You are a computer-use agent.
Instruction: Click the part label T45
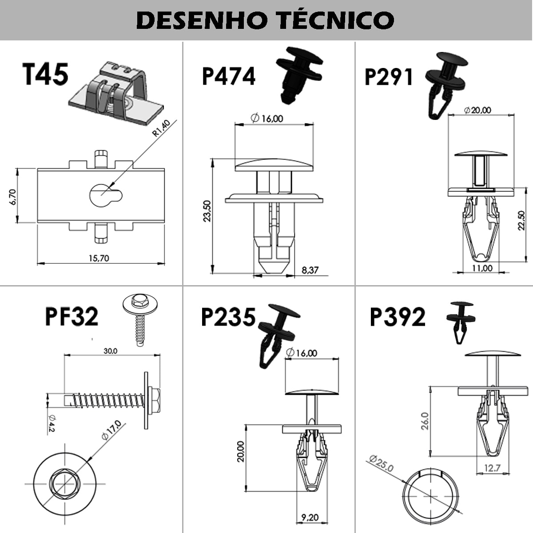(x=45, y=74)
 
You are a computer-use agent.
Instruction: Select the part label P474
(x=228, y=76)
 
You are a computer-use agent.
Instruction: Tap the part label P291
(x=389, y=76)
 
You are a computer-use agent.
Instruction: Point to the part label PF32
(x=72, y=317)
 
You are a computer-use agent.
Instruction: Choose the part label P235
(x=228, y=317)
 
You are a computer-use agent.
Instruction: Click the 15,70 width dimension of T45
(x=99, y=258)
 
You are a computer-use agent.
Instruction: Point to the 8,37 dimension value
(x=310, y=270)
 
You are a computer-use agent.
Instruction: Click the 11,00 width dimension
(x=482, y=268)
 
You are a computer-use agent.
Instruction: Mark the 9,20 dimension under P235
(x=310, y=517)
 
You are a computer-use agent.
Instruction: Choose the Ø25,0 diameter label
(x=381, y=463)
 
